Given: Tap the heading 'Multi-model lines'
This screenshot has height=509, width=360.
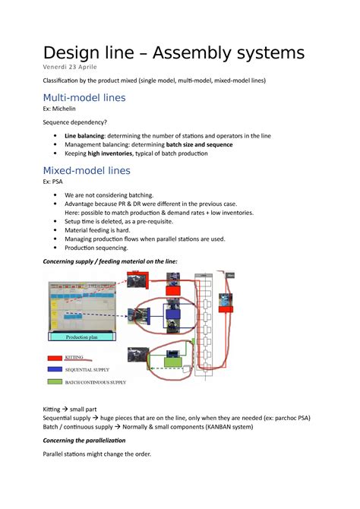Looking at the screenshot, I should tap(84, 98).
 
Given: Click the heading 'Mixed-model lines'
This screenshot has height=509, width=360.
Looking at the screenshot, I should tap(87, 170).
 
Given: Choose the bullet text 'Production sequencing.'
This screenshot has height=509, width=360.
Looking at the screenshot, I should tap(96, 248).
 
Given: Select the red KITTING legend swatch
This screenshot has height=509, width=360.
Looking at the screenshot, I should tap(55, 356).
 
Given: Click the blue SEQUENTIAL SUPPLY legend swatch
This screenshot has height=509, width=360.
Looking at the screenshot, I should tap(55, 368).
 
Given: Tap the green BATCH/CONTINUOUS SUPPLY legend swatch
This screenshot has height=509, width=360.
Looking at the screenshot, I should tap(55, 381).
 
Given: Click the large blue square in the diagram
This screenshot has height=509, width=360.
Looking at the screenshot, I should tap(172, 315).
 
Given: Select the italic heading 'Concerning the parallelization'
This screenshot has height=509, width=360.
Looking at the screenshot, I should tap(84, 441).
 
